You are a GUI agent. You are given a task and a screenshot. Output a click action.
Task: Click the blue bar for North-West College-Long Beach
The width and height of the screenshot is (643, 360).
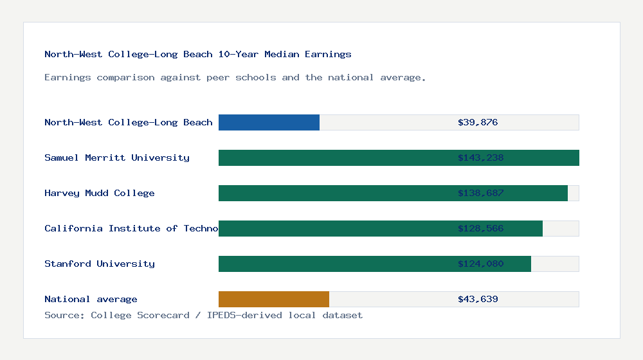(x=269, y=122)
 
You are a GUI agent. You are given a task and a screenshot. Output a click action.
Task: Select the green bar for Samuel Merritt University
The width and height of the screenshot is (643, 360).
(x=334, y=157)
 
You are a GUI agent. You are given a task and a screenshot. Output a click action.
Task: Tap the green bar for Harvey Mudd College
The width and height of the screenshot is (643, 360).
(x=334, y=193)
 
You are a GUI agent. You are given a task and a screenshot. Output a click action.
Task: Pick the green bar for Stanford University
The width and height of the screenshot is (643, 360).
(x=334, y=264)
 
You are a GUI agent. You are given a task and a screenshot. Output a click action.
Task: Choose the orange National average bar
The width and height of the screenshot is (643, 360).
(x=274, y=299)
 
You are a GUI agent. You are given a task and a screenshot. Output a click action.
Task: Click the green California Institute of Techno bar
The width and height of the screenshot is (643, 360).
(x=334, y=228)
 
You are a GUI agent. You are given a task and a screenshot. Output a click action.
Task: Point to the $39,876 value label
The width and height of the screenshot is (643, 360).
(x=478, y=122)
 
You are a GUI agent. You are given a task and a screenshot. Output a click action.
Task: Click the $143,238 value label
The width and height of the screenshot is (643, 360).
(x=480, y=157)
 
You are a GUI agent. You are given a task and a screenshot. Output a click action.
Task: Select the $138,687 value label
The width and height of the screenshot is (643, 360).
(x=480, y=193)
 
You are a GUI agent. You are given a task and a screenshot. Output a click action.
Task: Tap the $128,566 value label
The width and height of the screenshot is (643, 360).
(x=480, y=228)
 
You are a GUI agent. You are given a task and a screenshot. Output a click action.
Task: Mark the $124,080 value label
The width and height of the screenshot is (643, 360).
(x=480, y=264)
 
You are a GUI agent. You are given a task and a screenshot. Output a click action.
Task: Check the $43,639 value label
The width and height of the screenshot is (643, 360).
(x=478, y=299)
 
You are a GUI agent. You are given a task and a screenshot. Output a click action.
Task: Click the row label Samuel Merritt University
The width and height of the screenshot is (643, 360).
(x=117, y=157)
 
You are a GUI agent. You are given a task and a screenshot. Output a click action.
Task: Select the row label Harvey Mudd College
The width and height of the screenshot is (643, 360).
(x=100, y=193)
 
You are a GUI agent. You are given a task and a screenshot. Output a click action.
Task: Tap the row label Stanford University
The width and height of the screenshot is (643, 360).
(x=100, y=264)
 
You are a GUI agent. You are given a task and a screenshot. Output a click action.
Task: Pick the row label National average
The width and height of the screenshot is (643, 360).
(x=91, y=299)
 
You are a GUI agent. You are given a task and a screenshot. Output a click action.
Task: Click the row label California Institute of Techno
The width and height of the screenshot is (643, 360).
(x=131, y=228)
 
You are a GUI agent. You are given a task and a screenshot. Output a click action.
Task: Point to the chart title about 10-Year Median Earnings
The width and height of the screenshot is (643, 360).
(x=198, y=54)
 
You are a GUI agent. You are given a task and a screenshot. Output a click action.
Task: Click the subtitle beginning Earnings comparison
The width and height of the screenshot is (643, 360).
(x=235, y=77)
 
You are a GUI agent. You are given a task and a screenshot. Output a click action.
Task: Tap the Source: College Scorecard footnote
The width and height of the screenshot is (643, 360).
(x=203, y=315)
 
